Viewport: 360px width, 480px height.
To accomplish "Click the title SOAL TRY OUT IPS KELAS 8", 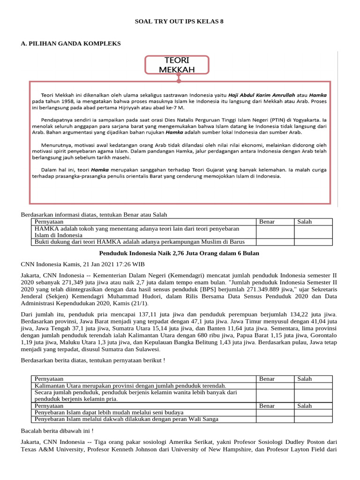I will [180, 22].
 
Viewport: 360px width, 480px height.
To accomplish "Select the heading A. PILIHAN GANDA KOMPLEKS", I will [71, 44].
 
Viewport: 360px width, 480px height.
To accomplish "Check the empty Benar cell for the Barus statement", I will [275, 242].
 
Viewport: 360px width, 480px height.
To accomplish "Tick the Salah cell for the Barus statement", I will [313, 242].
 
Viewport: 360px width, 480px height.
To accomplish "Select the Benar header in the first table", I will [267, 222].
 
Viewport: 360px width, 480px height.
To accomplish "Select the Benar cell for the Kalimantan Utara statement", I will [275, 385].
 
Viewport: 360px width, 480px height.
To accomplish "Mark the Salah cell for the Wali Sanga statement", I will [313, 419].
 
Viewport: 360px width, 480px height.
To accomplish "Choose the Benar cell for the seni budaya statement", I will [275, 412].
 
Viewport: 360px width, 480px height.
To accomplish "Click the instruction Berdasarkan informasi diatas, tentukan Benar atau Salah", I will [94, 215].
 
